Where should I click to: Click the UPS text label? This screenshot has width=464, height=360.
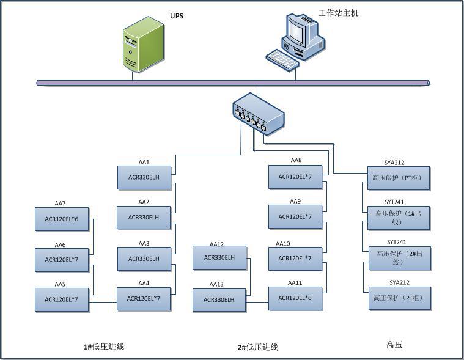[177, 15]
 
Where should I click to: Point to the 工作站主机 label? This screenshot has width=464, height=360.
[338, 12]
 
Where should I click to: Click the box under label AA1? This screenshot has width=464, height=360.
[144, 177]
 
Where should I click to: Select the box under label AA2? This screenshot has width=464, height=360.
[144, 217]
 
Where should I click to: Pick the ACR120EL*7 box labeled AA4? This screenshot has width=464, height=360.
[144, 298]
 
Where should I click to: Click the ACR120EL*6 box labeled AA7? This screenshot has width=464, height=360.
[61, 219]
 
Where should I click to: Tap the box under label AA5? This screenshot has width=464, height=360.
[61, 299]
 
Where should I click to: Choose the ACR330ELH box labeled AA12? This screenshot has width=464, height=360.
[219, 257]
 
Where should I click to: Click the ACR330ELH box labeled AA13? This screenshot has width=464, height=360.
[219, 299]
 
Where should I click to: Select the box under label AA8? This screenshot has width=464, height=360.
[295, 177]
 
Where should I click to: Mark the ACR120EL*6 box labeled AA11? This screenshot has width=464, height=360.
[295, 298]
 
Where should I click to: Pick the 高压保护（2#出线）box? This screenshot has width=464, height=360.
[399, 257]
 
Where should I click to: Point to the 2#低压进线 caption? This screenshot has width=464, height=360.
[258, 347]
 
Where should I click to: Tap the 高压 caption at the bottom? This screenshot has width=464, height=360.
[394, 345]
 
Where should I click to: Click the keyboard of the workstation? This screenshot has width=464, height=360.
[282, 59]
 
